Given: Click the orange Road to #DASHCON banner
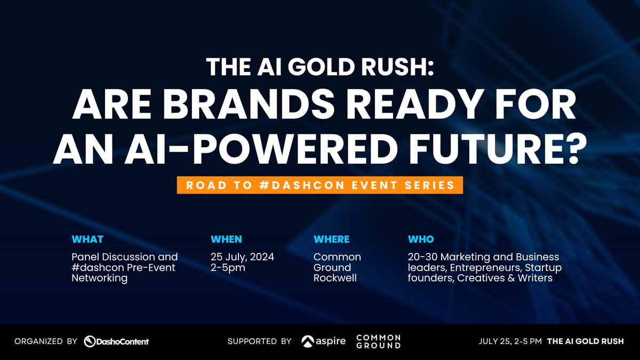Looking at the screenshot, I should (320, 185).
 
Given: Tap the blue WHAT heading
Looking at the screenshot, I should (87, 239).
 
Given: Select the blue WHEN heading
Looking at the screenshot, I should (226, 239).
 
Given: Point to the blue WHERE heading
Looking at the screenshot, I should (331, 239).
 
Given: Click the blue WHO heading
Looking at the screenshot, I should (421, 239).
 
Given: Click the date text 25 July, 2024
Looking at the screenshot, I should (242, 257).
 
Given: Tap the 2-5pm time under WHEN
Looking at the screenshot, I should (228, 267).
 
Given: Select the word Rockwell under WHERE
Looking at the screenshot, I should (335, 278).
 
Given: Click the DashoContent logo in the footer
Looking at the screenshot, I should (116, 341).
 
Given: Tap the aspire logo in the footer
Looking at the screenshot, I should (323, 341).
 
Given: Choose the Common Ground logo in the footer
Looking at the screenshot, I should (378, 341).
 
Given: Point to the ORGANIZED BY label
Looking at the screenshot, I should (46, 341).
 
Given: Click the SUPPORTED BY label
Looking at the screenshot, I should (259, 341).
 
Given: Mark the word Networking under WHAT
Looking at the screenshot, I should (100, 278).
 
